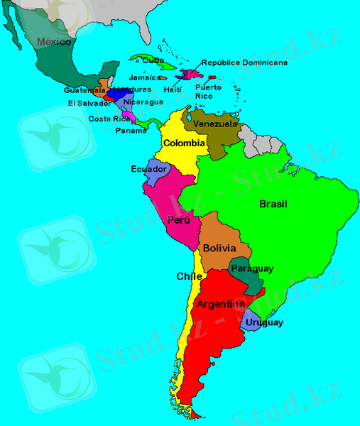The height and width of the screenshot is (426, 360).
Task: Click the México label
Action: tap(55, 43)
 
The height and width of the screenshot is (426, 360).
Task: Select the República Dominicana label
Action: tap(244, 62)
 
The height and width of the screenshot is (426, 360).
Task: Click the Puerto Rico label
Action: tap(208, 92)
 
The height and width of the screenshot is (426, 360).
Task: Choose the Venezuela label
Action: tap(215, 124)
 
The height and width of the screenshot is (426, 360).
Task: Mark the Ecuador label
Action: tap(149, 169)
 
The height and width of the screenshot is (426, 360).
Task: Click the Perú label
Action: tap(179, 220)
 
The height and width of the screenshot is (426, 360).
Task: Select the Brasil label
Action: tap(273, 204)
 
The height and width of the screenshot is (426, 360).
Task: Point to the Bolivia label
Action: tap(219, 249)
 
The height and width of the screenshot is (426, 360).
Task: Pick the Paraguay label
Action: tap(252, 269)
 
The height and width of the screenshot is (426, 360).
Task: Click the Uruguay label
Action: tap(266, 322)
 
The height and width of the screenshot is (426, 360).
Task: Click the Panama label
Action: tap(131, 131)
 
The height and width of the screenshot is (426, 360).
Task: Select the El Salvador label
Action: tap(90, 103)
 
